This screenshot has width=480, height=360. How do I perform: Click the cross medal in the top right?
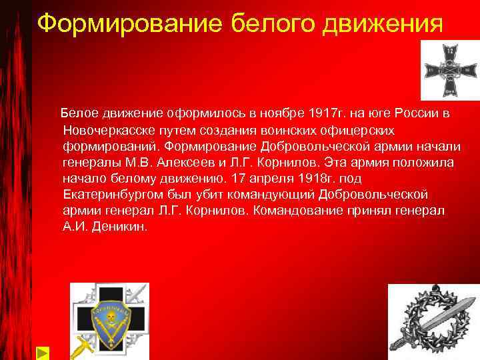[x=449, y=70]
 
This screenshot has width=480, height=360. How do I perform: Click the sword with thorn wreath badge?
[x=433, y=320]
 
